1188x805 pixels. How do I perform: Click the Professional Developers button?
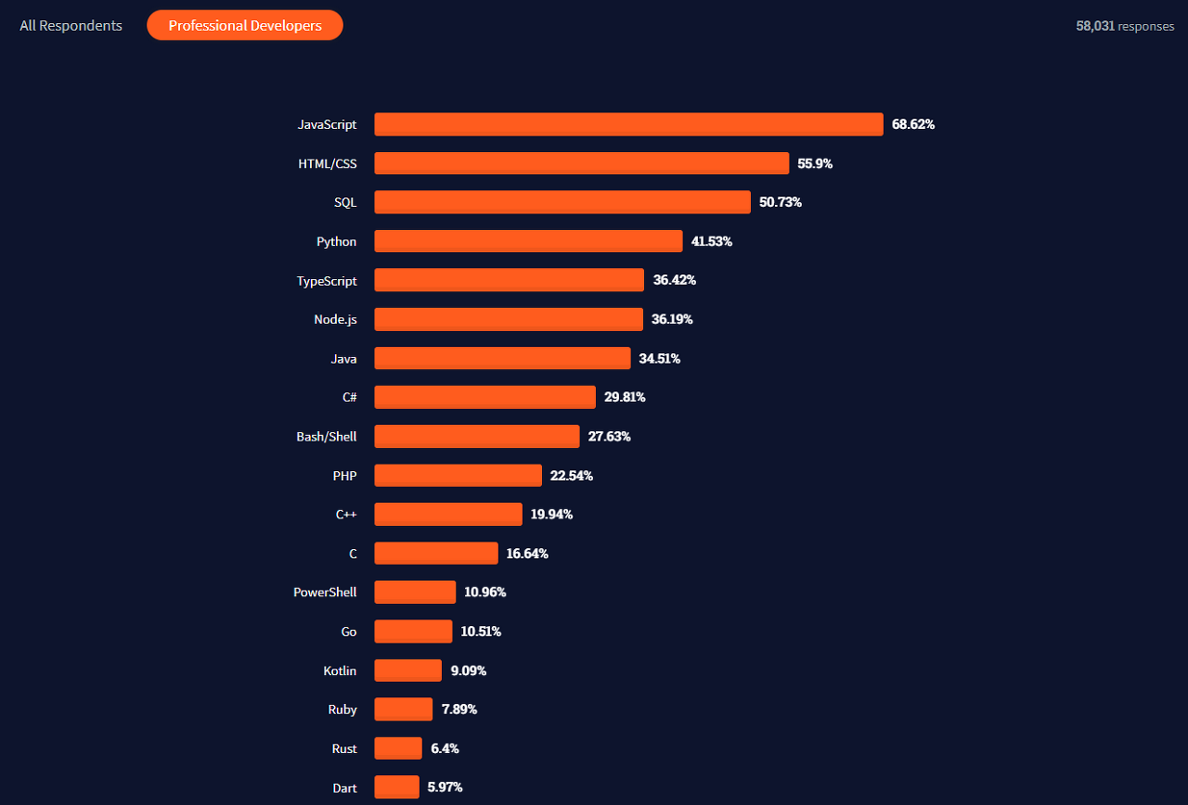[244, 25]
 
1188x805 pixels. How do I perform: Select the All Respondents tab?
[71, 25]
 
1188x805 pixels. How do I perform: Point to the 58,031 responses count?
[1125, 26]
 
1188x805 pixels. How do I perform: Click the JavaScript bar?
[628, 124]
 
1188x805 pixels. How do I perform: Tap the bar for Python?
[528, 241]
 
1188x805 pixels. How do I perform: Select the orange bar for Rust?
[398, 748]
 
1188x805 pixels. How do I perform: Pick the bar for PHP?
[458, 476]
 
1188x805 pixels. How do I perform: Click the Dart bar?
[396, 787]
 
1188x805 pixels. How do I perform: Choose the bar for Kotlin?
[407, 671]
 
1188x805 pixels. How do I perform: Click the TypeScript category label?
[327, 281]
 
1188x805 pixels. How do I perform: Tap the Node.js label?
[335, 320]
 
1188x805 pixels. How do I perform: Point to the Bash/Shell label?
[326, 437]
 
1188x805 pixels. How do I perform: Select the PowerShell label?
[325, 592]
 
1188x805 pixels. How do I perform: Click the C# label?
[350, 398]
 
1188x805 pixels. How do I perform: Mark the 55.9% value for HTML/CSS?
[815, 164]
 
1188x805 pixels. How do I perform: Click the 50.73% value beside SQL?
[781, 202]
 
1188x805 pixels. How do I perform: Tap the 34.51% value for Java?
[659, 359]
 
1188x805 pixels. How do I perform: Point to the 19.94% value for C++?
[551, 514]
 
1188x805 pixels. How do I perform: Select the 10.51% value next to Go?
[481, 632]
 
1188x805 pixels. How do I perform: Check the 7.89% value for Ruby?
[459, 709]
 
